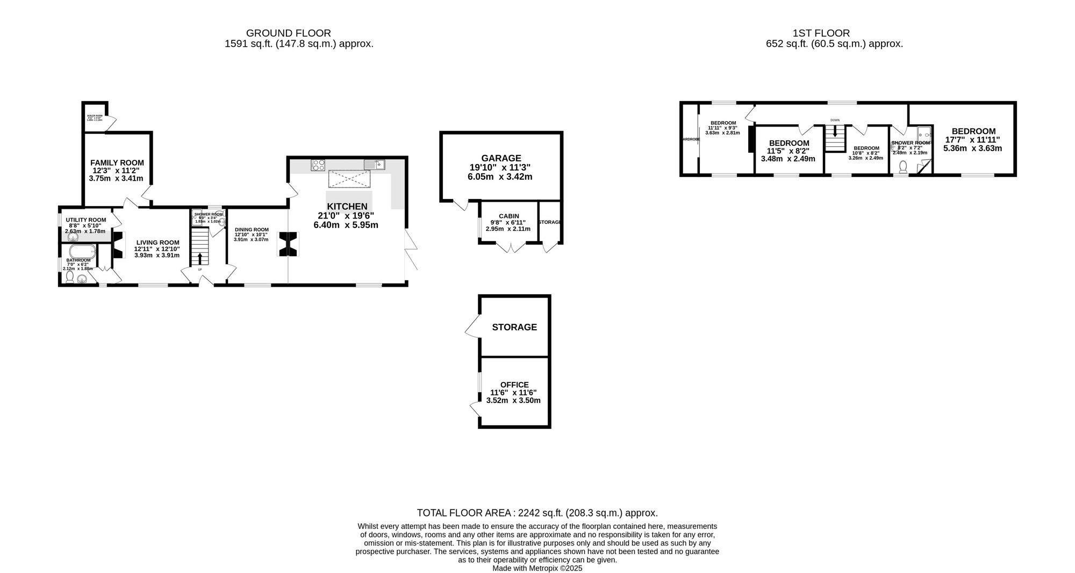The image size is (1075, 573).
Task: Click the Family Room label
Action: coord(117,162)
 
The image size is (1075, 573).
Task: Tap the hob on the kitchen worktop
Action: coord(318,165)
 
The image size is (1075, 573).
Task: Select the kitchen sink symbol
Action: coord(374,165)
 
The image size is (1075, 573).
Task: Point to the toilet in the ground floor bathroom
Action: coord(70,277)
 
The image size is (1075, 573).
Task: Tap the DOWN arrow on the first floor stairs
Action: coord(834,130)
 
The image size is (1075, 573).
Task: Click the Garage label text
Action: coord(501,158)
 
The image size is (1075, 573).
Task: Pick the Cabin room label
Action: coord(508,216)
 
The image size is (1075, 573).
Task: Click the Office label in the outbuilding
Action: coord(514,385)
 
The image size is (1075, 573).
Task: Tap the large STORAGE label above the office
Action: coord(514,327)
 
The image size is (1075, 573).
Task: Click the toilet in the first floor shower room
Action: coord(902,167)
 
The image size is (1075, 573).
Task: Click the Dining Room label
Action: coord(251,229)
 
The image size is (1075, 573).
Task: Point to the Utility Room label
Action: coord(86,220)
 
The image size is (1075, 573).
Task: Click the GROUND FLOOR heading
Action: coord(288,33)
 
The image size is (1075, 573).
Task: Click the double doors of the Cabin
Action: coord(511,247)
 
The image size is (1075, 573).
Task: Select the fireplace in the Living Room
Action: coord(117,245)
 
